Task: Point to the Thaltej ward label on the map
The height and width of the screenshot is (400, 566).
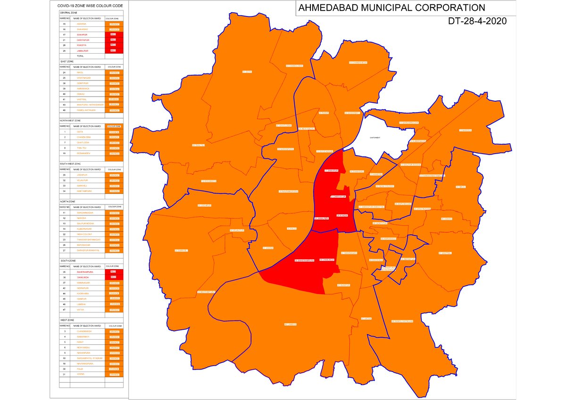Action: [x=198, y=145]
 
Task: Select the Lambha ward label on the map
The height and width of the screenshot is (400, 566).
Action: [x=290, y=325]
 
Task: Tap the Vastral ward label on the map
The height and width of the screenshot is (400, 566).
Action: [x=445, y=253]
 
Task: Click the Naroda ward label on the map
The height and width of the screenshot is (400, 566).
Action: [x=465, y=130]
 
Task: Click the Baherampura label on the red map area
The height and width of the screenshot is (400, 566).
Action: [x=305, y=261]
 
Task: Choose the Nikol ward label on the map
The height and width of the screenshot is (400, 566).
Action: [x=460, y=187]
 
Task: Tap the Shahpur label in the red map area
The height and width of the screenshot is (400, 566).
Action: [x=331, y=171]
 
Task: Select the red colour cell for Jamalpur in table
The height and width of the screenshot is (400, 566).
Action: [x=114, y=50]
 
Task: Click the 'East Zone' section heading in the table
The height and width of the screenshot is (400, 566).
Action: [x=67, y=61]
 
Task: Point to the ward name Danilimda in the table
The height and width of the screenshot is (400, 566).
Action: [x=83, y=278]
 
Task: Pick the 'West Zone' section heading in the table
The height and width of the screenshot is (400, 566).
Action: [x=67, y=320]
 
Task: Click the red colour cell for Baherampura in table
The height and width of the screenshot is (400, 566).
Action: [x=114, y=272]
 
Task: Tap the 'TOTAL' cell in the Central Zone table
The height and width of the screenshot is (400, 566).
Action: [x=80, y=56]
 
